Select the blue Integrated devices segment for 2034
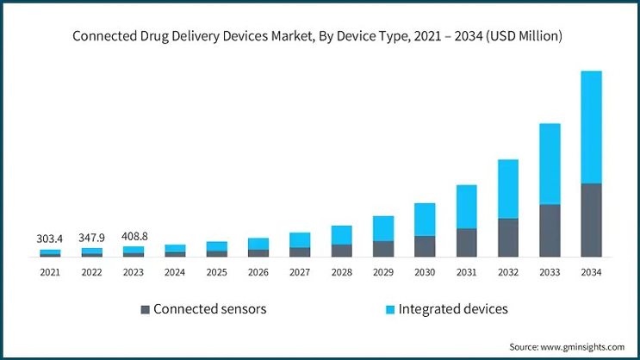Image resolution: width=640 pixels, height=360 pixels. (591, 127)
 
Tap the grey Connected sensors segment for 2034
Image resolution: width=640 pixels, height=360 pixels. (591, 220)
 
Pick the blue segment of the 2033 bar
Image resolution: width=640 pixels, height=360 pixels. (550, 164)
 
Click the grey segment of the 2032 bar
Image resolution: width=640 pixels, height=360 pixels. (508, 237)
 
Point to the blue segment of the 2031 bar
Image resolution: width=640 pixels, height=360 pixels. (466, 207)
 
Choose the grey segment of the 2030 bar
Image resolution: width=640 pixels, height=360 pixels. (425, 246)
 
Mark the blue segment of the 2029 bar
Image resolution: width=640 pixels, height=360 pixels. (383, 228)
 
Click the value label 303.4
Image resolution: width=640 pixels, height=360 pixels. (50, 238)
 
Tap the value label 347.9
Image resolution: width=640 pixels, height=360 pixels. (92, 236)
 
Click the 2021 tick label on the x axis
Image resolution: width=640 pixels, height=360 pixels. (50, 272)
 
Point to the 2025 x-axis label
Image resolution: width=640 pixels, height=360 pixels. (217, 272)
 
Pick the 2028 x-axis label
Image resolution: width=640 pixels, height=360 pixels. (341, 272)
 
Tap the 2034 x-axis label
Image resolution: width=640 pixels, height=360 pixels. (591, 272)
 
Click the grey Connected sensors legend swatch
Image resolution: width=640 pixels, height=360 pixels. (146, 309)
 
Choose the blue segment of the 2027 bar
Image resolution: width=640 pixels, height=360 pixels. (300, 239)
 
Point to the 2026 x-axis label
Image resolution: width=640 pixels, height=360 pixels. (258, 272)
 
